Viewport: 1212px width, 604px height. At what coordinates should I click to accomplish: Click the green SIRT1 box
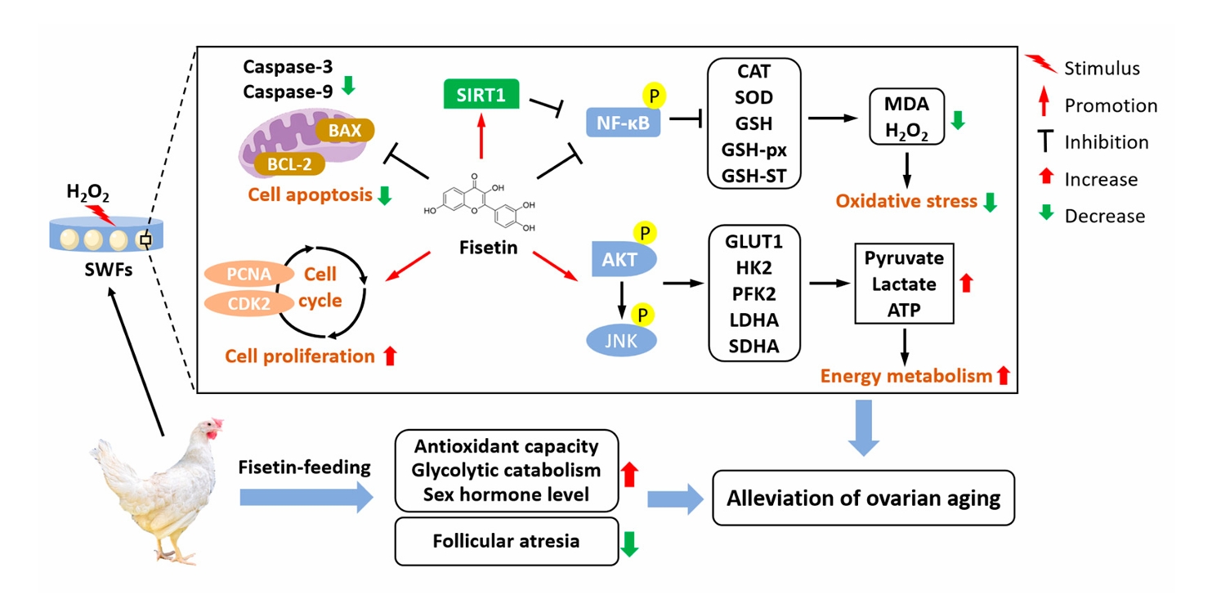pos(481,94)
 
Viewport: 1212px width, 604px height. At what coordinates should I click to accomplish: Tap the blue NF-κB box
pos(624,123)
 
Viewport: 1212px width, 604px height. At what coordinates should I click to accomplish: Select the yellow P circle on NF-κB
pos(654,96)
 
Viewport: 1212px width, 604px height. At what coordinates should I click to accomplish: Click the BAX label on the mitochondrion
pos(345,130)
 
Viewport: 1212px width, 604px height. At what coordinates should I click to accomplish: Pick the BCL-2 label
pos(289,163)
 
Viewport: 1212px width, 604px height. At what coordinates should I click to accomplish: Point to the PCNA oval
pos(249,274)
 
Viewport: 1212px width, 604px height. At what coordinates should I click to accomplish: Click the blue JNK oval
pos(621,341)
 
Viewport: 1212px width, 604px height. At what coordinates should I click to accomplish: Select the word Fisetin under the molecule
pos(488,248)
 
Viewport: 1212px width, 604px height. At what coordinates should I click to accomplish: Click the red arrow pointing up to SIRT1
pos(481,136)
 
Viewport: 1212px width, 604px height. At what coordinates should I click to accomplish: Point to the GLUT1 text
pos(754,241)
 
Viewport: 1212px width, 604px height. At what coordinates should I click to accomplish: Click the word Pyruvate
pos(904,258)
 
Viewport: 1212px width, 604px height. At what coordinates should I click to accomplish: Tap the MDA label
pos(906,103)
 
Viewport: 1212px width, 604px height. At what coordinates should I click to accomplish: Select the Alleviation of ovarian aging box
pos(864,498)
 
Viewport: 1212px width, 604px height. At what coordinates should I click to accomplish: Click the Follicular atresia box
pos(507,541)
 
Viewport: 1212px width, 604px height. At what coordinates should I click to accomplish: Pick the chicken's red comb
pos(217,423)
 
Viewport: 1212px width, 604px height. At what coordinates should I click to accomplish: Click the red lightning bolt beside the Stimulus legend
pos(1041,63)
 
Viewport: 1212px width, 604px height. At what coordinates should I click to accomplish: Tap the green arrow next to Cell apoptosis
pos(384,195)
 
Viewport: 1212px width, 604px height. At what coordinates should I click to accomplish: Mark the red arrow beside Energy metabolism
pos(1003,375)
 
